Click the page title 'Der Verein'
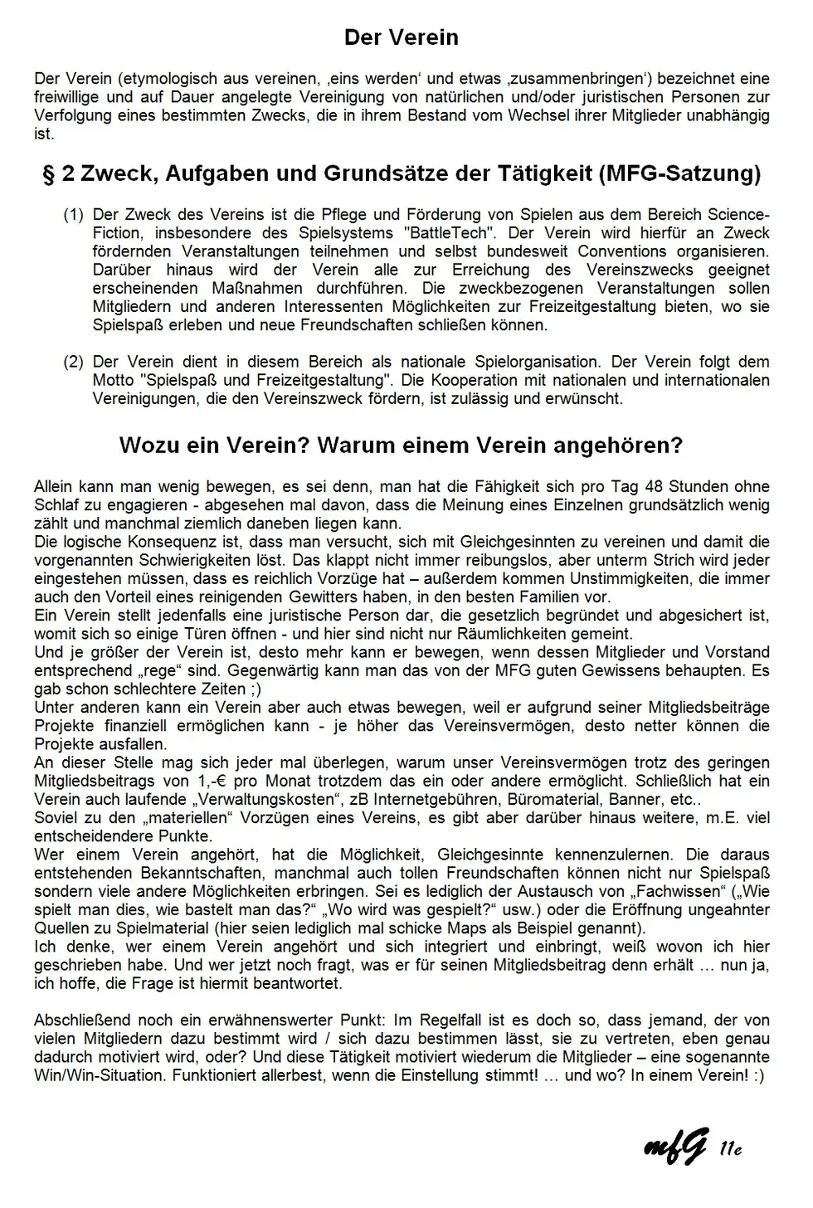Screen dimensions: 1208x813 coord(402,37)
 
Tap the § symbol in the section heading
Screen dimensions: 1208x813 coord(49,173)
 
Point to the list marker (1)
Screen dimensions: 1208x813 coord(74,215)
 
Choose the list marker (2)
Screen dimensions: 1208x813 coord(74,362)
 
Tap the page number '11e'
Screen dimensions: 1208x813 coord(730,1149)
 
